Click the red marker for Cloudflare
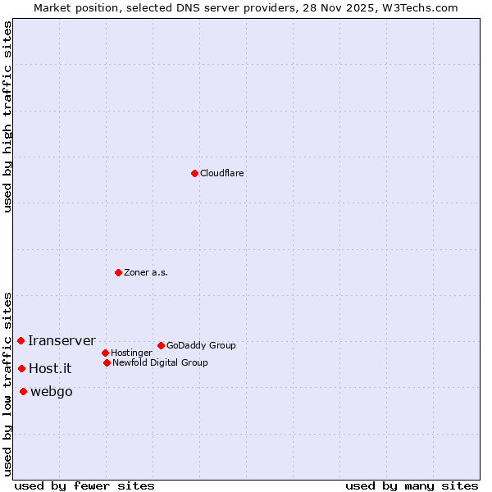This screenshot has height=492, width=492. tap(194, 173)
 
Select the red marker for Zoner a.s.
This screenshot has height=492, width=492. tap(118, 272)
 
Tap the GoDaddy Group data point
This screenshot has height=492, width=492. tap(161, 345)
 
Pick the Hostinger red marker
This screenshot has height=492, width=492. tap(105, 353)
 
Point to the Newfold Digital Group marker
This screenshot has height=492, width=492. tap(107, 362)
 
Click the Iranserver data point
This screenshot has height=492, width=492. tap(20, 340)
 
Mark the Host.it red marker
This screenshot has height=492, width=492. tap(21, 368)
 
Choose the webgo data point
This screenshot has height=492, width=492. tap(23, 391)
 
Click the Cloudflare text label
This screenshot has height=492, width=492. tap(222, 173)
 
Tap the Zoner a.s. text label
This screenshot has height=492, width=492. tap(146, 272)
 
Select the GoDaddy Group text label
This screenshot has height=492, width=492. tap(201, 345)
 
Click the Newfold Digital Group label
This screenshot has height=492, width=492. tap(160, 362)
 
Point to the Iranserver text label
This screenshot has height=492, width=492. tap(61, 340)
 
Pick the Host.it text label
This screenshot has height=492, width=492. tap(50, 368)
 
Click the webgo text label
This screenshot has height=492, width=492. tap(52, 391)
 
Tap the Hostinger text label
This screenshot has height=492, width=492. tap(131, 353)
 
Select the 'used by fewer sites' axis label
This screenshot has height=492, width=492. tap(84, 485)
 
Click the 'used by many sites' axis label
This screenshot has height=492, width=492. tap(412, 485)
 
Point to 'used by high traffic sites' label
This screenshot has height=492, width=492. tap(8, 116)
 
